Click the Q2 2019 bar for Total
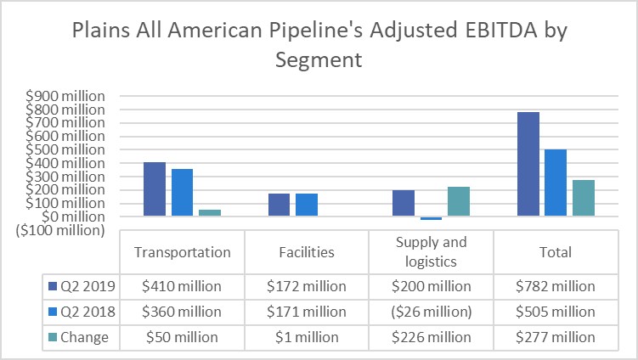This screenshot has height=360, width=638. tap(528, 164)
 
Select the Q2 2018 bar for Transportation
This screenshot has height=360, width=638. tap(182, 193)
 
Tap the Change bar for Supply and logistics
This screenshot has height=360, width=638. tap(458, 201)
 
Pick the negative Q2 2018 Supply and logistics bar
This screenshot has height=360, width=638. tap(431, 218)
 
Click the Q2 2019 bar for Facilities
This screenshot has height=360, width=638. tap(279, 205)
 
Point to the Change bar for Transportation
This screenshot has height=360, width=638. tap(209, 213)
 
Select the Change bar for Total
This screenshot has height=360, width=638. tap(583, 198)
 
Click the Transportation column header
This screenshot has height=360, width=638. tap(183, 252)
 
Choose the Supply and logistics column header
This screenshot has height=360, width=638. tap(431, 252)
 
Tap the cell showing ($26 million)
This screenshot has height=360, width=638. tap(431, 312)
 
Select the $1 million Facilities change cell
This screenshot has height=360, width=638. tap(307, 337)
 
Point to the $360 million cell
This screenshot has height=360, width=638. tap(183, 312)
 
